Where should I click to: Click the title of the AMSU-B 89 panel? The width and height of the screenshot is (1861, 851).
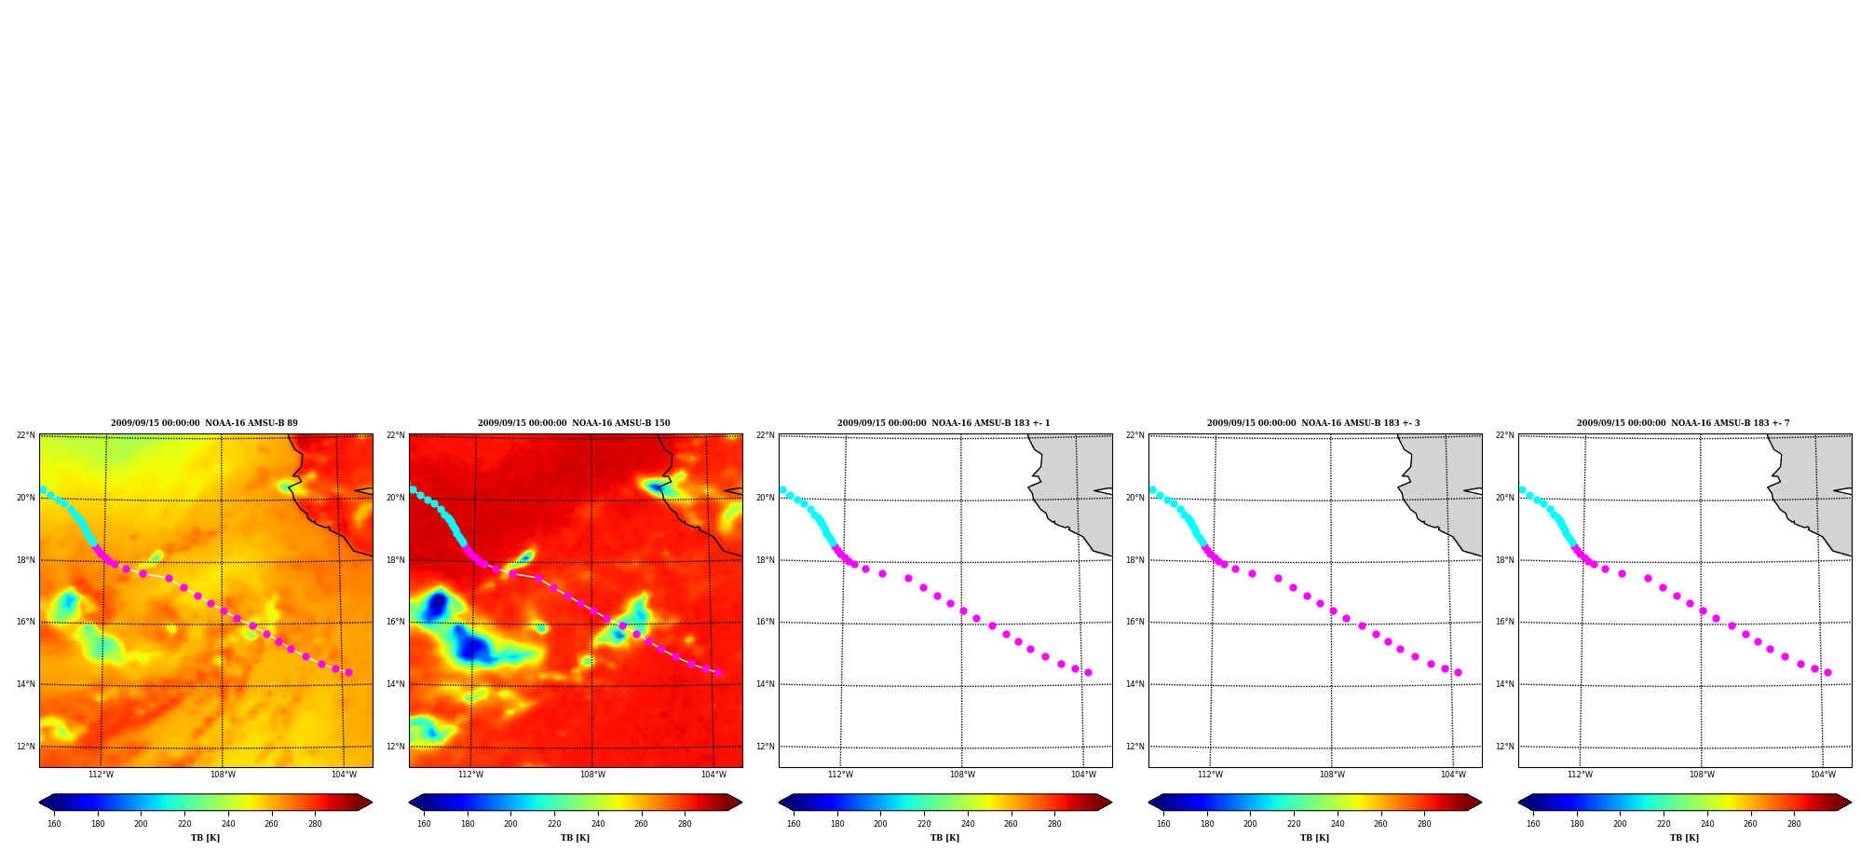(x=204, y=423)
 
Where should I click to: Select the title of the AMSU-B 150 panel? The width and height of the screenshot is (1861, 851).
(x=574, y=423)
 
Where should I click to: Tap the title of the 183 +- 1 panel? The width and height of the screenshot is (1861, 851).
(x=944, y=423)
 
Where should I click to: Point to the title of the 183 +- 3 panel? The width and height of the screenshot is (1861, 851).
(x=1313, y=423)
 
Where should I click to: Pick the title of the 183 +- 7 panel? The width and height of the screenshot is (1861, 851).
(x=1683, y=423)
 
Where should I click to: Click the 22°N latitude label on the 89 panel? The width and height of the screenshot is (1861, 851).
(x=25, y=435)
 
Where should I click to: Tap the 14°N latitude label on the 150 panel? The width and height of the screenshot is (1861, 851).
(x=395, y=684)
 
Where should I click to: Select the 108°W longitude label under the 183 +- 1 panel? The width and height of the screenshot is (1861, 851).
(x=962, y=775)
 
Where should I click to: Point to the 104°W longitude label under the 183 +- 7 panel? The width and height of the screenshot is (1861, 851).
(x=1823, y=775)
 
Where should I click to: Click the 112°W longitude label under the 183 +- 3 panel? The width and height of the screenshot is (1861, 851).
(x=1210, y=775)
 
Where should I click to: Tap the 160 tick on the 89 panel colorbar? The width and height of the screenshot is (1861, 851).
(x=54, y=824)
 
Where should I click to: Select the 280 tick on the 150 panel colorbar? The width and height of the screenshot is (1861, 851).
(x=685, y=824)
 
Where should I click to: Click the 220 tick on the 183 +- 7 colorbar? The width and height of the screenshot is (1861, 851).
(x=1664, y=824)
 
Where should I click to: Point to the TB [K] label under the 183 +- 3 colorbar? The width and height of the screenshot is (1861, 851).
(x=1314, y=838)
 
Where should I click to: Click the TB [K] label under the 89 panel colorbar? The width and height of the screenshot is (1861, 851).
(x=205, y=838)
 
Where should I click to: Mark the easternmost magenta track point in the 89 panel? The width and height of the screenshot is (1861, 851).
(x=348, y=672)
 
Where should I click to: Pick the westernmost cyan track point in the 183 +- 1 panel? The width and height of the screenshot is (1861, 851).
(x=782, y=489)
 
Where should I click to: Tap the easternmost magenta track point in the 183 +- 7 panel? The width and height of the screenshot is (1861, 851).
(x=1827, y=672)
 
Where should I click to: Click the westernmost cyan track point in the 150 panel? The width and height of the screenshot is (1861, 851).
(x=413, y=489)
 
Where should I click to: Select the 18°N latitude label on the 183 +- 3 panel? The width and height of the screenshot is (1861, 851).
(x=1134, y=560)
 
